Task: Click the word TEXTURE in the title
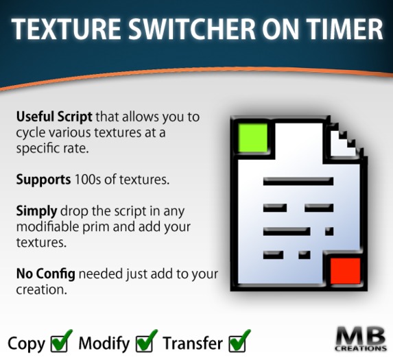(x=66, y=29)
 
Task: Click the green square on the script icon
(x=252, y=138)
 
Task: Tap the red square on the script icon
(x=346, y=271)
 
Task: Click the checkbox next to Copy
(x=60, y=341)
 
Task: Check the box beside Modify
(x=146, y=341)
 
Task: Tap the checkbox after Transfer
(x=239, y=341)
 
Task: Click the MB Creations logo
(x=360, y=339)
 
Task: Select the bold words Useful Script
(x=54, y=117)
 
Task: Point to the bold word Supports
(x=43, y=180)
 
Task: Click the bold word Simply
(x=36, y=211)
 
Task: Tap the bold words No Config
(x=46, y=274)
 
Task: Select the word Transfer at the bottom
(x=193, y=343)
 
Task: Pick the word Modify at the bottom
(x=104, y=344)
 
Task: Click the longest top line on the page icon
(x=298, y=181)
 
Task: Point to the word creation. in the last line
(x=42, y=290)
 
